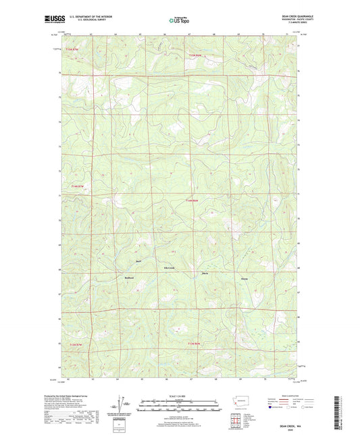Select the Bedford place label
click(x=130, y=278)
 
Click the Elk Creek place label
click(x=161, y=268)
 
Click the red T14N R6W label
click(x=192, y=200)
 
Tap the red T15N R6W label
click(x=195, y=55)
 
